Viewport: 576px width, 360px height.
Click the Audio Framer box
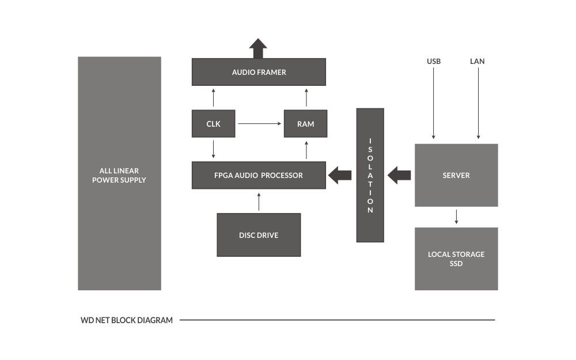coord(259,72)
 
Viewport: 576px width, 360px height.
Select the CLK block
coord(213,124)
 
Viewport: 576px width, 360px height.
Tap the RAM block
coord(305,124)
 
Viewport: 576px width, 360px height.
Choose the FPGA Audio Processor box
coord(259,175)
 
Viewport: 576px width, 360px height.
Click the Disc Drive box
coord(259,235)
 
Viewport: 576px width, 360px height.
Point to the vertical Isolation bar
coord(370,175)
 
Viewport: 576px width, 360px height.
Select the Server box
coord(456,175)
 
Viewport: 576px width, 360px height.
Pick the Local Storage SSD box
coord(456,259)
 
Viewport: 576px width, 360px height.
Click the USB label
coord(434,61)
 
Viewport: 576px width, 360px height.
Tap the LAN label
coord(478,61)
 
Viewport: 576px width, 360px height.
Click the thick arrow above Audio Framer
coord(258,48)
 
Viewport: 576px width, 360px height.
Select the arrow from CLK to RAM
coord(259,124)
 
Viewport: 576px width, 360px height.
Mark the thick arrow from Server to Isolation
coord(399,175)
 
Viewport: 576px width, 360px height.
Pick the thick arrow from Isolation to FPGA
coord(340,175)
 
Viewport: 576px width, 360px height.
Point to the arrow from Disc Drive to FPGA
coord(259,202)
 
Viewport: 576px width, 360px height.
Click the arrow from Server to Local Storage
coord(456,217)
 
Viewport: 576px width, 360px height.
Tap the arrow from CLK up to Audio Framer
coord(213,98)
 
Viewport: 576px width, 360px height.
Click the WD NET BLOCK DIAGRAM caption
coord(127,320)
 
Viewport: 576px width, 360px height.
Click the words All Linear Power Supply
coord(119,175)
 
